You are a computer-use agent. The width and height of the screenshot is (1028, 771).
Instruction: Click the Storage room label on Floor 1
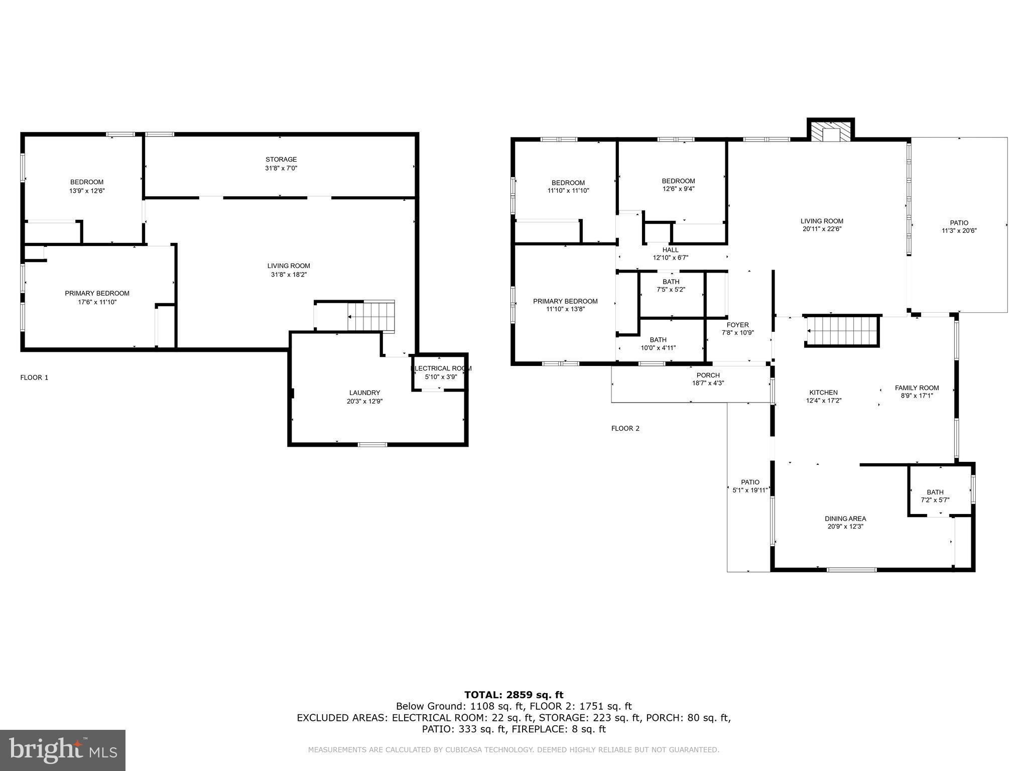pos(281,160)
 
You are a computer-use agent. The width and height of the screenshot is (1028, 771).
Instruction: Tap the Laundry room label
pos(364,393)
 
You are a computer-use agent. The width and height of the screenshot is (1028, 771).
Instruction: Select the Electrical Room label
pos(441,368)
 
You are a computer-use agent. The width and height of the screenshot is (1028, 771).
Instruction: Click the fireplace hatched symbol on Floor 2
pos(830,131)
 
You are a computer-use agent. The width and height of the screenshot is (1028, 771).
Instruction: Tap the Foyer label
pos(737,325)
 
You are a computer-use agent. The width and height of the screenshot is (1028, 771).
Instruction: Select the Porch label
pos(708,375)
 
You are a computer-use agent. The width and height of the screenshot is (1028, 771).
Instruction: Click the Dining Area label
pos(845,519)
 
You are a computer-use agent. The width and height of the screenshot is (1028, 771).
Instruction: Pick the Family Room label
pos(917,388)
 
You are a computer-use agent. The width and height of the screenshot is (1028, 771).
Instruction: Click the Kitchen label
pos(823,393)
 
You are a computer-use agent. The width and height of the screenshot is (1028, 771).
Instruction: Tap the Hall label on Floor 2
pos(670,249)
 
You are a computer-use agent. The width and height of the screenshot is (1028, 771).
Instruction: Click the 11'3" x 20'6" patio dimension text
pos(959,231)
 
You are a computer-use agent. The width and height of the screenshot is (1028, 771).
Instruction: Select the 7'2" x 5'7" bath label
pos(935,500)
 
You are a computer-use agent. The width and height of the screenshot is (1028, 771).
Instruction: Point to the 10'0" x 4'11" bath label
pos(658,348)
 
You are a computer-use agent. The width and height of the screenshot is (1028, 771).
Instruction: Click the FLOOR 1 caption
pos(34,377)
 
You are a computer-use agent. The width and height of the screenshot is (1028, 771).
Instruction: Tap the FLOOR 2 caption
pos(625,428)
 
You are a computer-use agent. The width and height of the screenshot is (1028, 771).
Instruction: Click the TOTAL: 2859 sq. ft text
pos(513,695)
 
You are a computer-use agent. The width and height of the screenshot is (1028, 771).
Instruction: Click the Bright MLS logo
pos(63,750)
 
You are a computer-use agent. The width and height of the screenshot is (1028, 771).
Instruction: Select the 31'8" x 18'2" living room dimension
pos(289,275)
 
